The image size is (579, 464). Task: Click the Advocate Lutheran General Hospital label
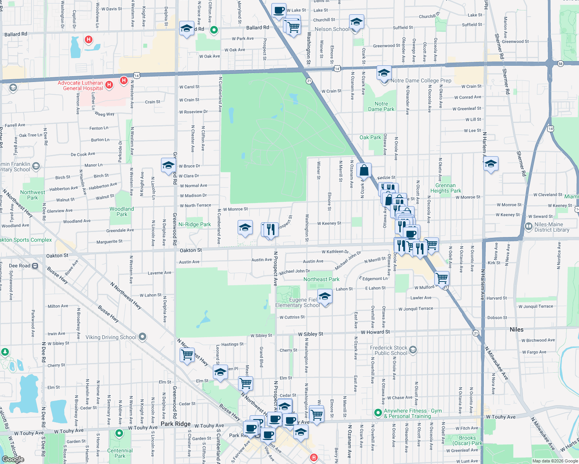(x=80, y=85)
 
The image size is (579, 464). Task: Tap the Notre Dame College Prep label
(x=421, y=80)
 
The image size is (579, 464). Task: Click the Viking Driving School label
(x=111, y=337)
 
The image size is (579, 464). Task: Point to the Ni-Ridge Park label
(x=195, y=224)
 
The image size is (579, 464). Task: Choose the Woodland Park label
(x=122, y=212)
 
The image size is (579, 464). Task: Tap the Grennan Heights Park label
(x=445, y=188)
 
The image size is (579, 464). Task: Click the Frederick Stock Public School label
(x=389, y=350)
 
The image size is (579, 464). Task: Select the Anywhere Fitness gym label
(x=412, y=413)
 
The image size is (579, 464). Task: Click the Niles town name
(x=516, y=329)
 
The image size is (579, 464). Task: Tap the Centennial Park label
(x=120, y=453)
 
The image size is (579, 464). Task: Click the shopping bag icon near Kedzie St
(x=364, y=170)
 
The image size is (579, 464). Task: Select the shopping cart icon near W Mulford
(x=442, y=278)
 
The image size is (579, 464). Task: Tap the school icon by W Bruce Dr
(x=168, y=165)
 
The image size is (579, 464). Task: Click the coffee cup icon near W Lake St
(x=279, y=10)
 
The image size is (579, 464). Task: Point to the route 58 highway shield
(x=560, y=63)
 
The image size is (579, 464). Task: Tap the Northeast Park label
(x=321, y=279)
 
